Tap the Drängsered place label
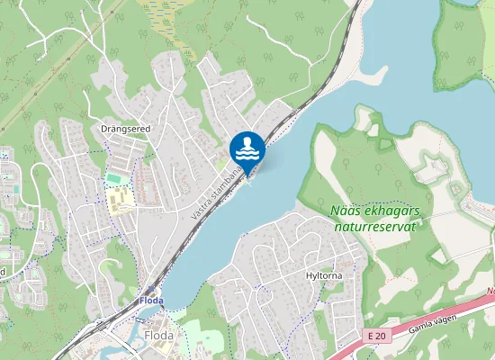point(125,129)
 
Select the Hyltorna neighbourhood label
point(323,275)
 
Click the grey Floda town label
point(158,336)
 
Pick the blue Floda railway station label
point(151,300)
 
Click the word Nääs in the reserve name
point(346,211)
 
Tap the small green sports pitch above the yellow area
point(114,178)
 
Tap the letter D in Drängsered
point(104,129)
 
